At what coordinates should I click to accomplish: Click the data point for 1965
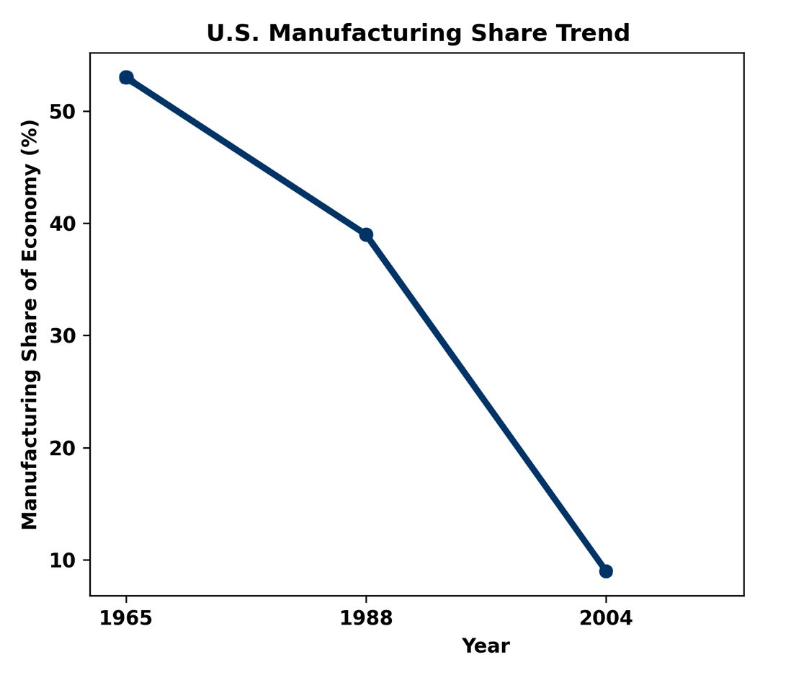pos(126,77)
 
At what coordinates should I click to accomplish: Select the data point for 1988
pos(366,234)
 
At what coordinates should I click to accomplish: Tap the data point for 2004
pos(606,571)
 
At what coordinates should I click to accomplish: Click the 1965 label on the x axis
pos(126,619)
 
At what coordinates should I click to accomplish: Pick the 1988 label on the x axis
pos(366,619)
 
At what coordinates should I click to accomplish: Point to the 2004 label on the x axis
pos(606,619)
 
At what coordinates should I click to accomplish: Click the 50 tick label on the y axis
pos(64,112)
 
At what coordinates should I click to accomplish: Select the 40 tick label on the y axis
pos(64,224)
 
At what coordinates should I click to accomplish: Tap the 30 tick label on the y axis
pos(64,336)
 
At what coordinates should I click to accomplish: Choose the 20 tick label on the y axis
pos(64,448)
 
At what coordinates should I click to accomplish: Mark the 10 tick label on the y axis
pos(64,560)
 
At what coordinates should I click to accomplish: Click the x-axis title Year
pos(486,646)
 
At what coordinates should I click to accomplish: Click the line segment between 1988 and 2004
pos(486,403)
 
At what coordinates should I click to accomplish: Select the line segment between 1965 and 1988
pos(246,156)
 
